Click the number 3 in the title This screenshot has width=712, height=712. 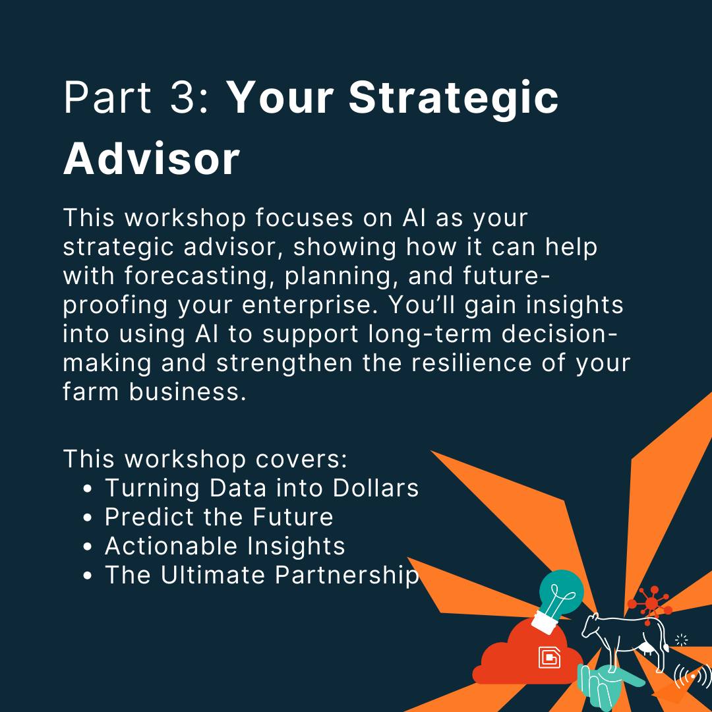(x=183, y=97)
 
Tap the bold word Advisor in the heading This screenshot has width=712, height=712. (x=151, y=158)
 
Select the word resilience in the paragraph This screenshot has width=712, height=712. (x=471, y=363)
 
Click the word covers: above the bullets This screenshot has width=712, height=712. (x=301, y=459)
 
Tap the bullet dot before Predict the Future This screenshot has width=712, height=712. (x=88, y=518)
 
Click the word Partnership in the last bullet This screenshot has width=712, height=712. (x=347, y=576)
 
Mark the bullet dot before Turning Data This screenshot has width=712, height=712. (x=88, y=489)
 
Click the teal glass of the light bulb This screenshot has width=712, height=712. (x=561, y=590)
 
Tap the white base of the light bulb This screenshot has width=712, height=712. (x=545, y=622)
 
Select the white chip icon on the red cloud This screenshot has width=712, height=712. (x=549, y=657)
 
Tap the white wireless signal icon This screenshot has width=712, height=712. (x=693, y=676)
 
